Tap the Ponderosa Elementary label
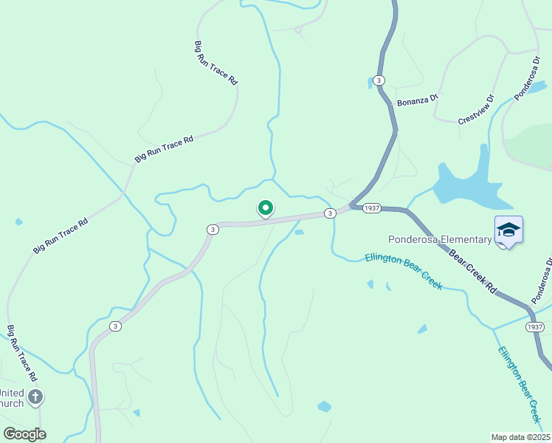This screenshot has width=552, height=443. (441, 239)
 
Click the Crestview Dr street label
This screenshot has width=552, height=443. (475, 110)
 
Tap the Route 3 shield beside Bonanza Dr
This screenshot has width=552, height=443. (379, 80)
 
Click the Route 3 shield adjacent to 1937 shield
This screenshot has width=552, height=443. (330, 213)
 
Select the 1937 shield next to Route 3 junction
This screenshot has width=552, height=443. (371, 208)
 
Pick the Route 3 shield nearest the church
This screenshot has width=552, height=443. (114, 326)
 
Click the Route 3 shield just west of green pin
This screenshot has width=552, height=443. (213, 230)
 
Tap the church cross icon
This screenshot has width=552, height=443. (35, 398)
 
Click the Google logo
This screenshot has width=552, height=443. (24, 434)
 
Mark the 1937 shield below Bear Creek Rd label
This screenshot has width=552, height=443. (536, 326)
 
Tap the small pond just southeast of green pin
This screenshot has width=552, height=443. (299, 233)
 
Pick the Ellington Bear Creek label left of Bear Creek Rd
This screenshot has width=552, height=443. (404, 271)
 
